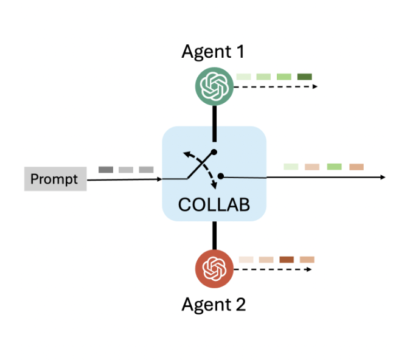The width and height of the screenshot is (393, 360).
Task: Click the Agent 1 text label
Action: pos(213,52)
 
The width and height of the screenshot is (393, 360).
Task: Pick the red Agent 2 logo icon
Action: pos(214,268)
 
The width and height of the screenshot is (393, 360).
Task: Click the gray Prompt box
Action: pos(55,179)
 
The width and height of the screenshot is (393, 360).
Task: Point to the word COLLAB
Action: pos(214,205)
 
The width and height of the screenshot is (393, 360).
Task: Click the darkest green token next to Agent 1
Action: pos(304,77)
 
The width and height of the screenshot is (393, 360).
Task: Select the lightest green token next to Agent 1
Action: pos(243,77)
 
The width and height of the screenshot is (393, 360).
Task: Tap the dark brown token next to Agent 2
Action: pos(287,260)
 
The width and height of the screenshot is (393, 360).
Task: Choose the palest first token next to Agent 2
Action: pos(246,260)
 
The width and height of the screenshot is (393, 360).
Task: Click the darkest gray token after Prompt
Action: pos(105,170)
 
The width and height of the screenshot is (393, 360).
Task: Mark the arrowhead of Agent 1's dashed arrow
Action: pos(315,87)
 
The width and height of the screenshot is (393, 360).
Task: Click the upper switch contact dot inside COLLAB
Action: pos(214,152)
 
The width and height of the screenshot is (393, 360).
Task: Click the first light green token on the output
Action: pos(291,167)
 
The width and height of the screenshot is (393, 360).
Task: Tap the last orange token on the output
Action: pos(356,167)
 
